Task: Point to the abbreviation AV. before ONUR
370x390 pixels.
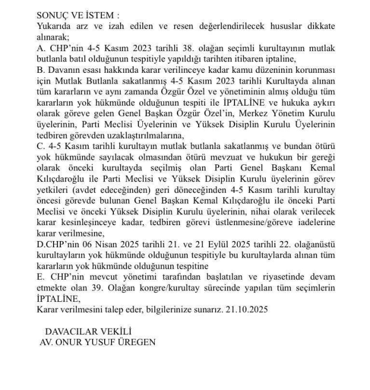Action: [x=48, y=341]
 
